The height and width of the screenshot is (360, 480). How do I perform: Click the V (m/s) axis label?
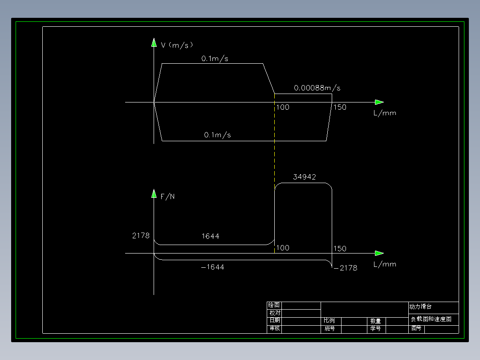click(x=177, y=45)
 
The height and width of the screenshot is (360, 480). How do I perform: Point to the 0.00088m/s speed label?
click(x=317, y=88)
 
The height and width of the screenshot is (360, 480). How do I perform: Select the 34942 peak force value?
click(x=304, y=177)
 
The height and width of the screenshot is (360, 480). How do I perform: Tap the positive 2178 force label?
click(x=141, y=235)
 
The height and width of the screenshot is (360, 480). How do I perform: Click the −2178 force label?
click(x=346, y=268)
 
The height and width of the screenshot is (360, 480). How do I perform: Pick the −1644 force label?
click(x=212, y=267)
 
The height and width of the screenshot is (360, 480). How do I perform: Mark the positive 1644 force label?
click(x=210, y=236)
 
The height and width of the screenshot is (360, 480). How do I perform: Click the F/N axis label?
click(x=167, y=196)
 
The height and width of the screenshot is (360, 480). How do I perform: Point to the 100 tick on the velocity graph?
click(x=283, y=107)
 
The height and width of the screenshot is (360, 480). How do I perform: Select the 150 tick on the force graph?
click(x=340, y=248)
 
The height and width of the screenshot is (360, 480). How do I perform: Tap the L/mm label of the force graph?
click(x=385, y=264)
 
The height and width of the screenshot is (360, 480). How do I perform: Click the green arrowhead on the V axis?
click(x=154, y=42)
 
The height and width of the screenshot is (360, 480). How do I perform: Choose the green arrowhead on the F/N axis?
click(x=154, y=194)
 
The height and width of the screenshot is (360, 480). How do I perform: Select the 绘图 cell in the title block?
click(x=274, y=305)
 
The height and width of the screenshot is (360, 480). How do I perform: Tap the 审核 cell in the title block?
click(x=275, y=328)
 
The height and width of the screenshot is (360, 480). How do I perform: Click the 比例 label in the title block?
click(x=329, y=320)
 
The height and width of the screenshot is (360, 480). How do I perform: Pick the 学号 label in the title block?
click(x=376, y=329)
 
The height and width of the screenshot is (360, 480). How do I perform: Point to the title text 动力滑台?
click(x=421, y=307)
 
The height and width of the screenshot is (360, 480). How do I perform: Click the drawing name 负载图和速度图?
click(x=431, y=319)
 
